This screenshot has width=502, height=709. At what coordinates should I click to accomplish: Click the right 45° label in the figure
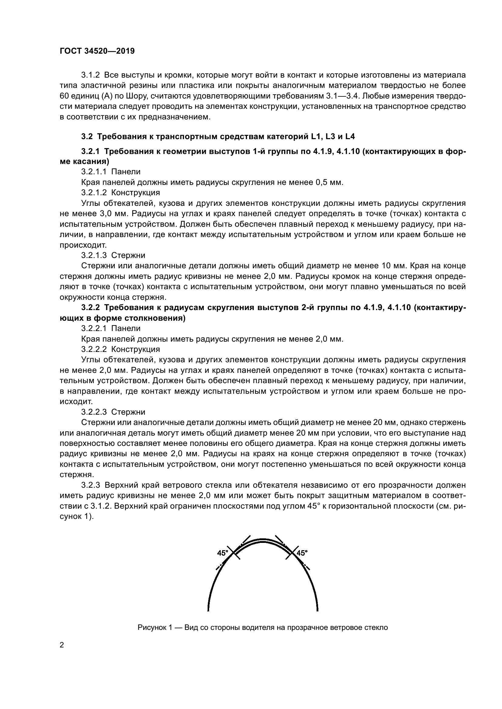pos(302,553)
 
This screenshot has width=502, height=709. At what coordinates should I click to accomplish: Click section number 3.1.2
pos(90,75)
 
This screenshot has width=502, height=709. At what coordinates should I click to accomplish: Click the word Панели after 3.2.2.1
pos(126,328)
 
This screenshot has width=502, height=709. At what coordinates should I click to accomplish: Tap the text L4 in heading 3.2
pos(350,136)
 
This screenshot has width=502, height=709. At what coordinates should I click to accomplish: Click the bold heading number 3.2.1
pos(90,151)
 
